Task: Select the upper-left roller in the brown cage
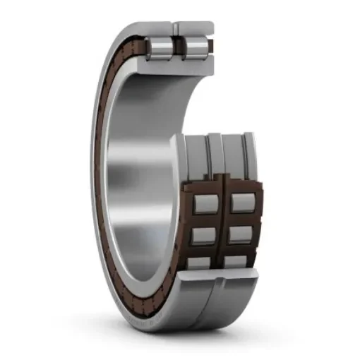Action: (204, 203)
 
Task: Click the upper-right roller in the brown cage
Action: (241, 203)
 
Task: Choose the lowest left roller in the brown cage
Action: (203, 263)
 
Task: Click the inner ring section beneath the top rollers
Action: (176, 65)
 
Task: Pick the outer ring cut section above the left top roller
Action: (158, 27)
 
